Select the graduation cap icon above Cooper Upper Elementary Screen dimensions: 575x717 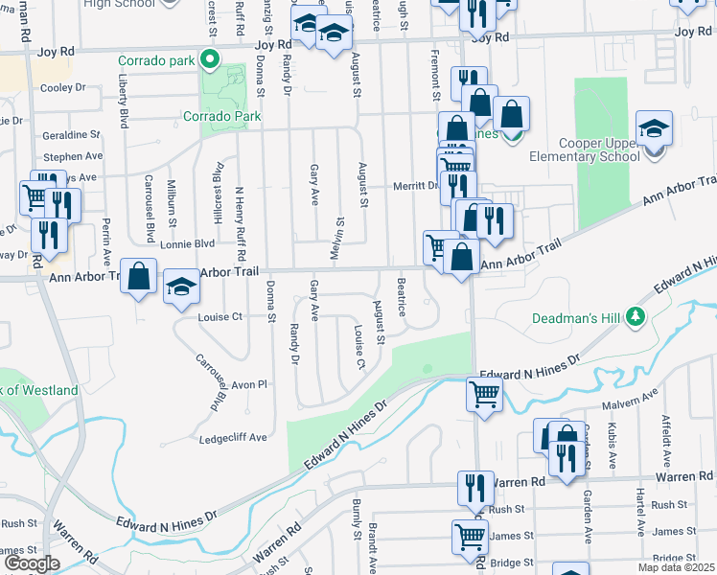[x=654, y=129]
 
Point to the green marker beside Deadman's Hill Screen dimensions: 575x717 [x=634, y=316]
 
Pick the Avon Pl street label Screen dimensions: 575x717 [x=247, y=384]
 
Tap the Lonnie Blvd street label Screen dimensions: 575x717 [x=187, y=244]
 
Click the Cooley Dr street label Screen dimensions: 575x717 [x=62, y=87]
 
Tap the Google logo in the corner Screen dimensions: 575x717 [x=32, y=563]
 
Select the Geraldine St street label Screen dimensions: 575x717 [x=71, y=135]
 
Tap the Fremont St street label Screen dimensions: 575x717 [x=434, y=76]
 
